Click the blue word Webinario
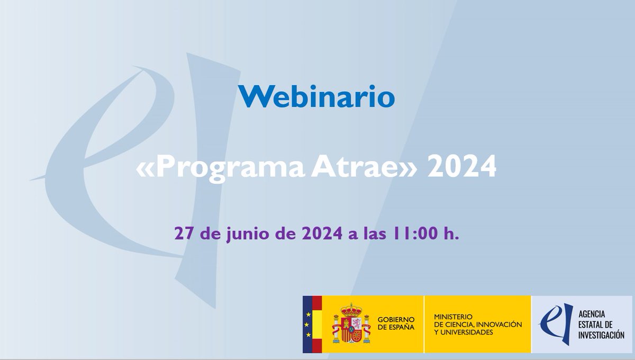[x=316, y=97]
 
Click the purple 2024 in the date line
[x=317, y=233]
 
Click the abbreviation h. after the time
[x=451, y=233]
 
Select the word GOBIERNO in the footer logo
[x=396, y=319]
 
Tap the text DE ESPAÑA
[x=396, y=328]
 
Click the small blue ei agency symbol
[x=550, y=323]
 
